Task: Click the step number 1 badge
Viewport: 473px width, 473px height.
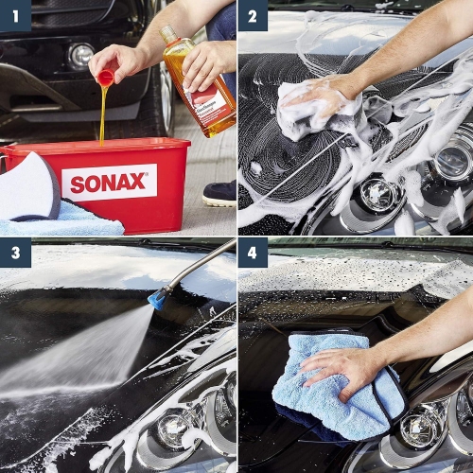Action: point(15,15)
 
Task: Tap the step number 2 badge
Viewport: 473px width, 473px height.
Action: point(253,15)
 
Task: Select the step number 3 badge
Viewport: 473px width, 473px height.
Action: point(15,253)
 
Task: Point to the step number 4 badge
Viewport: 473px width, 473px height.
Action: point(253,253)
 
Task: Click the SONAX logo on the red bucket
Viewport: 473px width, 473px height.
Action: point(109,183)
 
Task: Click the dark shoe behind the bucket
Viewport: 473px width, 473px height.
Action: point(219,193)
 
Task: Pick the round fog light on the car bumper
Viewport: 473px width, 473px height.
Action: point(81,55)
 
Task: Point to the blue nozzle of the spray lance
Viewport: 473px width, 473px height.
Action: point(157,299)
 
